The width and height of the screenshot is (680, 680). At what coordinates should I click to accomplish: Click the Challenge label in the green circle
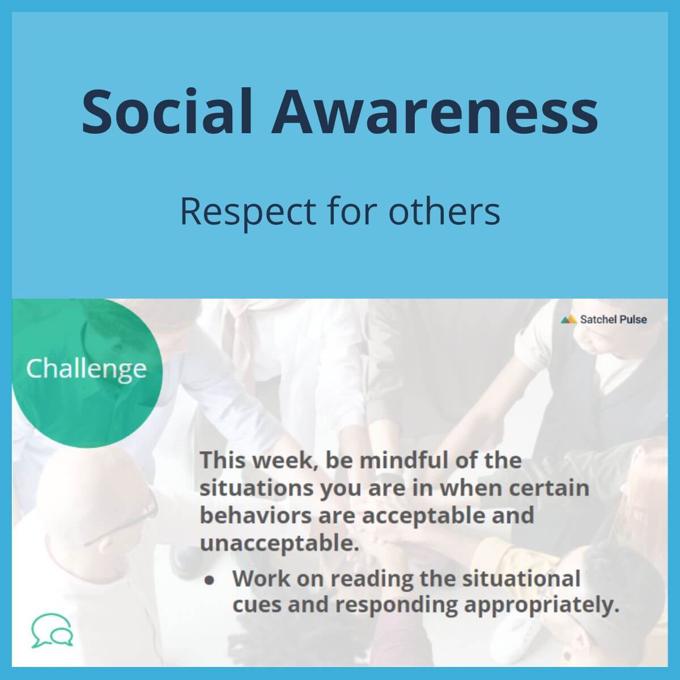[86, 369]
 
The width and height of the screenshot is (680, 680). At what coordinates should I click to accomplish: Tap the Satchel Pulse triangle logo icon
[568, 320]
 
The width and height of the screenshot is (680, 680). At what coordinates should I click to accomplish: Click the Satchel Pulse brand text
[613, 320]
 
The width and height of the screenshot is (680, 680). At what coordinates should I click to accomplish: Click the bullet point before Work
[210, 581]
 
